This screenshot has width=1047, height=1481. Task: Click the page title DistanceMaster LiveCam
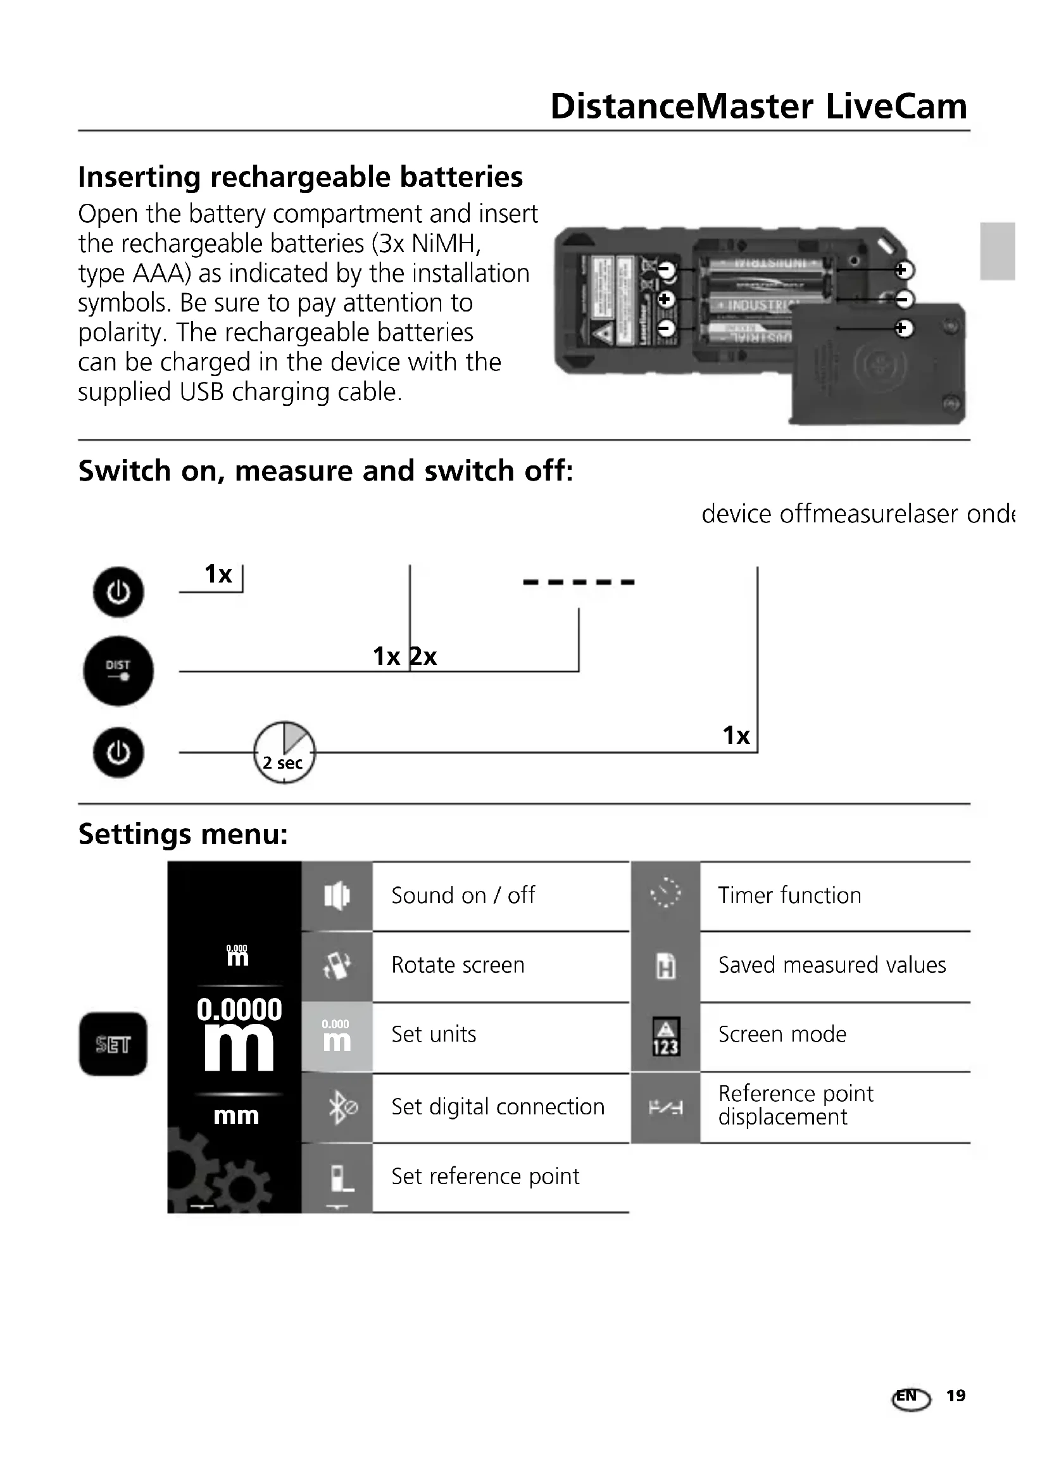[758, 106]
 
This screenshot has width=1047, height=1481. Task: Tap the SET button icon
[113, 1043]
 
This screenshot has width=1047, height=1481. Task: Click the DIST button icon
[118, 671]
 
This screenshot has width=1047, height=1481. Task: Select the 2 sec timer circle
[284, 753]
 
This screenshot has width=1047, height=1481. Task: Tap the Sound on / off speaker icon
[337, 895]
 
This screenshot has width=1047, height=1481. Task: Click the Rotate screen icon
[337, 966]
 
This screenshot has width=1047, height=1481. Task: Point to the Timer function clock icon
[665, 894]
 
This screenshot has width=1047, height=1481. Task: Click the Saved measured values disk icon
[665, 966]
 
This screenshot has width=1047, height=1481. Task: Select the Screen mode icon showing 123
[665, 1037]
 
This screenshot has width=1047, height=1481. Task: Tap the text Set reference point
[485, 1176]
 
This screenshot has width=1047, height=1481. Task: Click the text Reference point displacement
[795, 1105]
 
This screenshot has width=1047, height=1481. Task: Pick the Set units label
[433, 1035]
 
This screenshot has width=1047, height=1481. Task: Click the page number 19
[955, 1396]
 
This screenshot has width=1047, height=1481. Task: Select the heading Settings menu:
[183, 834]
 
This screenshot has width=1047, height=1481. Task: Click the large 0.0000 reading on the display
[239, 1009]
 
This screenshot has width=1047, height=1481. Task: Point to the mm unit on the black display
[236, 1115]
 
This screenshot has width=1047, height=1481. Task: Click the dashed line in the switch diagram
[579, 582]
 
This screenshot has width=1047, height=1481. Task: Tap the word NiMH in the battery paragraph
[446, 244]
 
